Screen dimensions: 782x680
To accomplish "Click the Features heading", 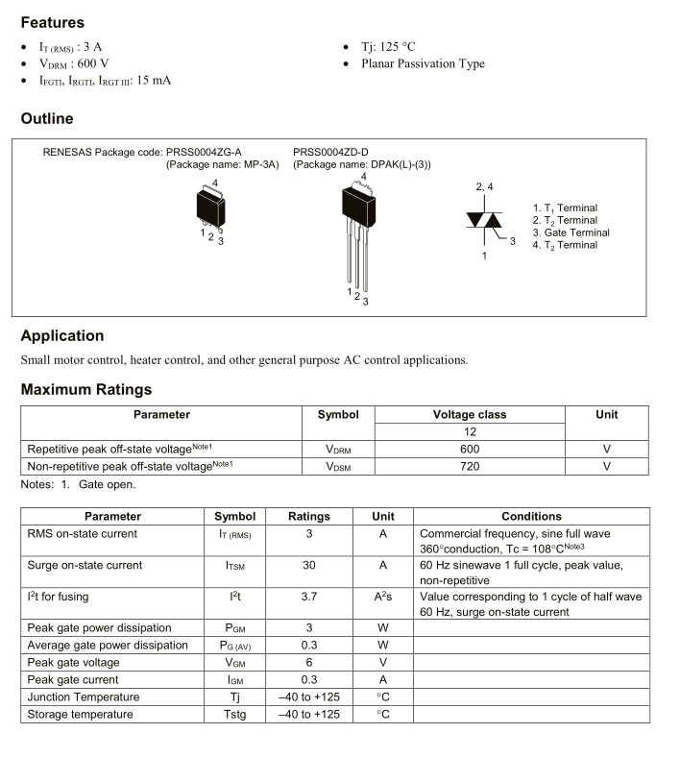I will pyautogui.click(x=52, y=22).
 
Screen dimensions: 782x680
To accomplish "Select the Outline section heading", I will pyautogui.click(x=46, y=119).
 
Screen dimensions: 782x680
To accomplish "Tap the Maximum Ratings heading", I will pyautogui.click(x=85, y=389).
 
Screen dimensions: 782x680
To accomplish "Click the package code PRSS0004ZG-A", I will pyautogui.click(x=204, y=152).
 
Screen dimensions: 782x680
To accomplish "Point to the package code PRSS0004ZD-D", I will pyautogui.click(x=330, y=152).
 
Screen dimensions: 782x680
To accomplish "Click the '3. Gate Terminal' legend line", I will pyautogui.click(x=571, y=232).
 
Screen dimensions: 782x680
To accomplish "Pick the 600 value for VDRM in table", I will pyautogui.click(x=469, y=449).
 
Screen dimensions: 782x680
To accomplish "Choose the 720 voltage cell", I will pyautogui.click(x=469, y=466).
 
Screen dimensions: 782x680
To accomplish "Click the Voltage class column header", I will pyautogui.click(x=469, y=414).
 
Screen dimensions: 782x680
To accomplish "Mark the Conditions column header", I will pyautogui.click(x=531, y=516).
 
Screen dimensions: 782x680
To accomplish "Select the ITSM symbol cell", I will pyautogui.click(x=234, y=566).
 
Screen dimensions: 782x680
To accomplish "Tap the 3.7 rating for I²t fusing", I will pyautogui.click(x=308, y=597).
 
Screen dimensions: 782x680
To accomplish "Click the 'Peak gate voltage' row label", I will pyautogui.click(x=73, y=662).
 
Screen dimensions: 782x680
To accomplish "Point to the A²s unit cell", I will pyautogui.click(x=382, y=597).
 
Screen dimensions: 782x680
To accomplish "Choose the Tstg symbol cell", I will pyautogui.click(x=234, y=714).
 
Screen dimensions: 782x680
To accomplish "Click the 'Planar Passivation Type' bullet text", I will pyautogui.click(x=423, y=63).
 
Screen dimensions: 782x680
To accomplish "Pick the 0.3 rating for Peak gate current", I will pyautogui.click(x=308, y=679).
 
